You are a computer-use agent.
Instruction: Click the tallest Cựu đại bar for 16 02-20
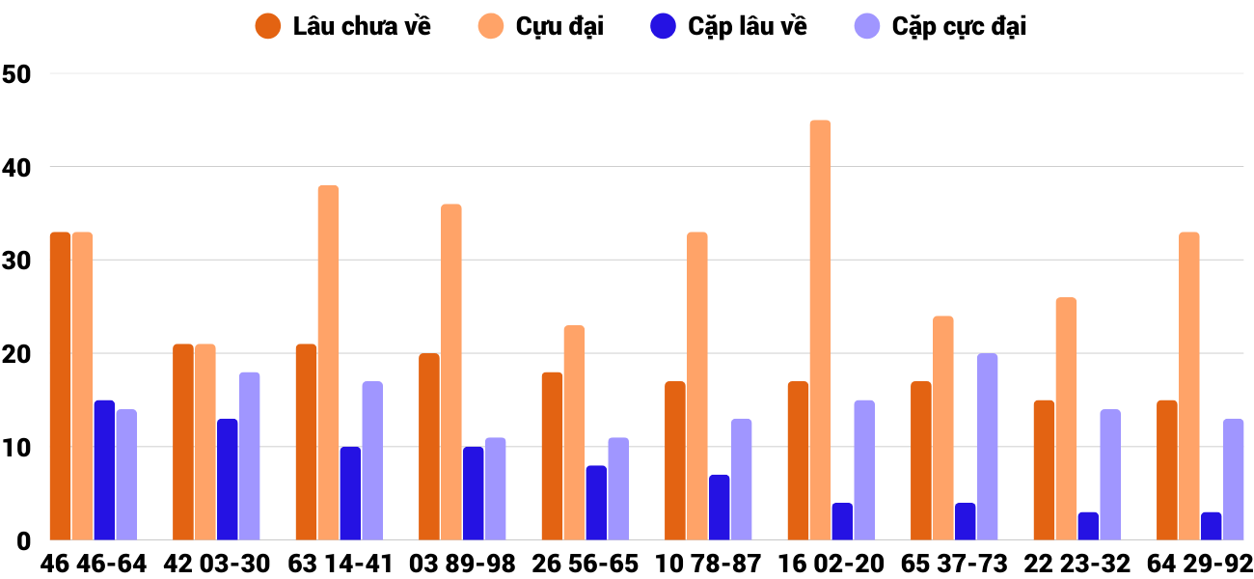click(x=820, y=330)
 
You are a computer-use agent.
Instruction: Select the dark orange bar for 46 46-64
click(x=60, y=386)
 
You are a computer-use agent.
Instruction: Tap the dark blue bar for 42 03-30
click(x=227, y=480)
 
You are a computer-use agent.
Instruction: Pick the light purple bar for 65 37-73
click(x=987, y=447)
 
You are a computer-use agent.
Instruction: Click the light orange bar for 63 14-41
click(x=328, y=363)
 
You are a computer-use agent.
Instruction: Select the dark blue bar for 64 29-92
click(x=1211, y=526)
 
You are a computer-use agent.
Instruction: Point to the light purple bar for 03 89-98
click(x=495, y=489)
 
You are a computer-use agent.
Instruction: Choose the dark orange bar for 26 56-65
click(x=552, y=456)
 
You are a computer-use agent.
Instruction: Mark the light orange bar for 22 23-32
click(x=1066, y=419)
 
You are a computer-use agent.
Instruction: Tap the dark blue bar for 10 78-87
click(x=719, y=508)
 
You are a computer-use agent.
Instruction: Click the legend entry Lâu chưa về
click(x=342, y=26)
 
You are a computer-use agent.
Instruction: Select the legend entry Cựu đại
click(x=541, y=26)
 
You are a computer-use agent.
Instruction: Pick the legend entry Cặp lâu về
click(x=728, y=26)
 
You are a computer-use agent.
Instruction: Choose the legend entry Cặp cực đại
click(x=940, y=26)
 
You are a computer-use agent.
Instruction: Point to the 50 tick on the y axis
click(x=17, y=73)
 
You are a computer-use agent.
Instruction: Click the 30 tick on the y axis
click(x=17, y=261)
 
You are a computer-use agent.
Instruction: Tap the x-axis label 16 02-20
click(x=831, y=564)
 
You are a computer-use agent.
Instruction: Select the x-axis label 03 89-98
click(x=462, y=564)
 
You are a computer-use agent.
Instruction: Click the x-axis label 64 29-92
click(x=1200, y=564)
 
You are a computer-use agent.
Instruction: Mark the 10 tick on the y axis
click(x=17, y=448)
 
